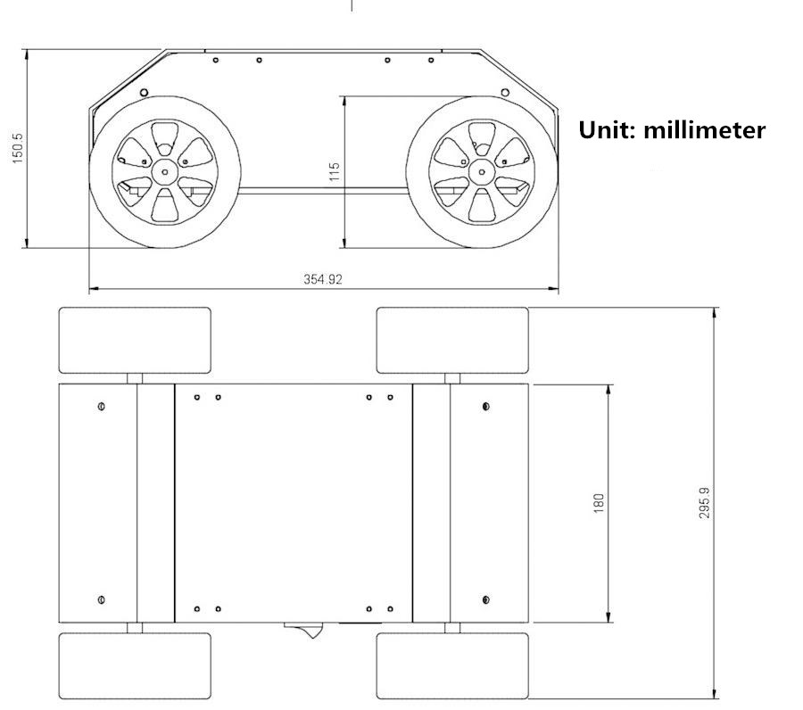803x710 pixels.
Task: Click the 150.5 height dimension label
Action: click(18, 148)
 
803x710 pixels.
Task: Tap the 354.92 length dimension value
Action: click(323, 279)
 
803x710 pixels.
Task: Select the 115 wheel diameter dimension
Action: click(335, 171)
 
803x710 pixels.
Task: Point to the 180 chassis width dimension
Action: click(598, 503)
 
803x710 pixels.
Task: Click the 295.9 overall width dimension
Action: click(705, 503)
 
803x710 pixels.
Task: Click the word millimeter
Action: click(704, 130)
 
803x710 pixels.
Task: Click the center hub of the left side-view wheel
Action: click(165, 172)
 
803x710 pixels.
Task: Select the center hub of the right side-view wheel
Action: click(482, 172)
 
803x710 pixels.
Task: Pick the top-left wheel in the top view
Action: click(135, 341)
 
